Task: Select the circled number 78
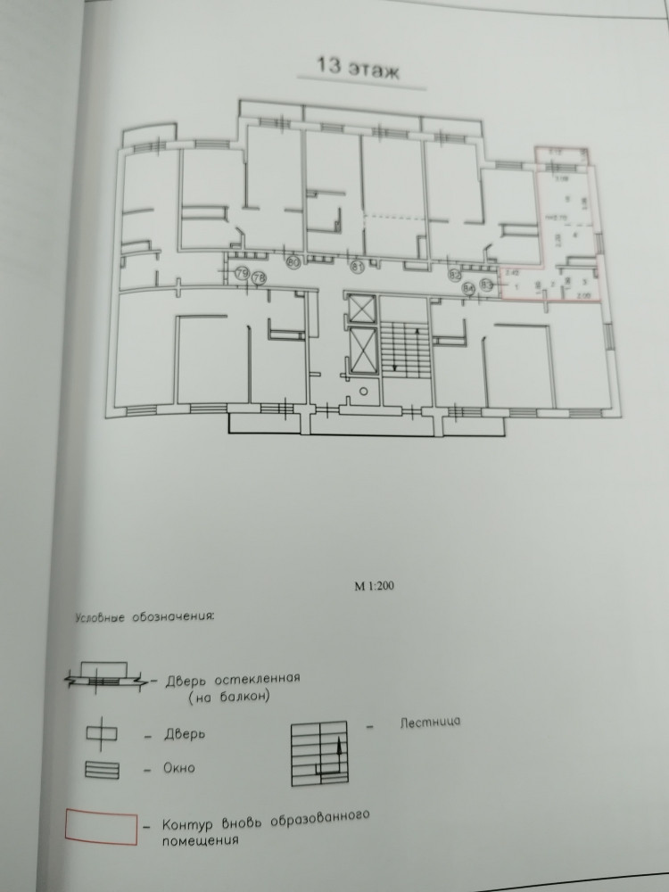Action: pyautogui.click(x=260, y=279)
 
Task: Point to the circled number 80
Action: pyautogui.click(x=293, y=262)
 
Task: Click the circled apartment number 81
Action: pyautogui.click(x=359, y=266)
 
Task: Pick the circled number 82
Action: pyautogui.click(x=455, y=274)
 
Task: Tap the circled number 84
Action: pyautogui.click(x=469, y=288)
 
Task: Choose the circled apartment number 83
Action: pyautogui.click(x=486, y=285)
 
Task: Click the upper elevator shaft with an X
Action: pyautogui.click(x=363, y=309)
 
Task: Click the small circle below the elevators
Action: pyautogui.click(x=364, y=391)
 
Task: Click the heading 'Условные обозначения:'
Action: pyautogui.click(x=145, y=616)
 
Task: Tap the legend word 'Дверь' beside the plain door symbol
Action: pyautogui.click(x=186, y=735)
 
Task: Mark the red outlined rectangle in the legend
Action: pyautogui.click(x=101, y=827)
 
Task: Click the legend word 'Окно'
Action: pyautogui.click(x=180, y=768)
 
